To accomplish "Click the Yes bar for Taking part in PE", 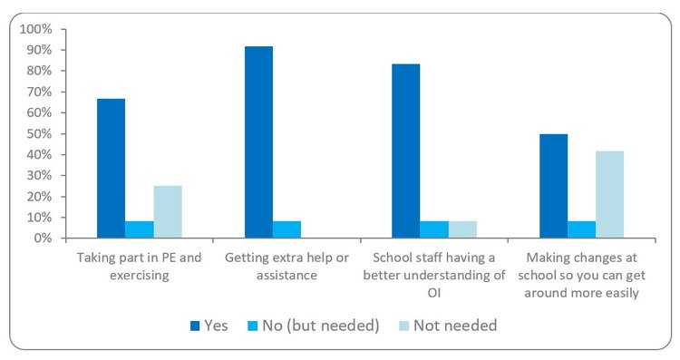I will pyautogui.click(x=112, y=169).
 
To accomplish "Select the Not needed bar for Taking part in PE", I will pyautogui.click(x=168, y=212).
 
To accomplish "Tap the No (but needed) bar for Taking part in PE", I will pyautogui.click(x=140, y=229).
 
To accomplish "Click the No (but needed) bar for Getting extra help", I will pyautogui.click(x=287, y=229).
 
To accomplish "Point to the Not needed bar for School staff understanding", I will pyautogui.click(x=461, y=229).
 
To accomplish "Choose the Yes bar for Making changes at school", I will pyautogui.click(x=553, y=186).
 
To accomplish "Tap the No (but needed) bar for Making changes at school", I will pyautogui.click(x=581, y=229).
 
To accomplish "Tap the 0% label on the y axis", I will pyautogui.click(x=44, y=238).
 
